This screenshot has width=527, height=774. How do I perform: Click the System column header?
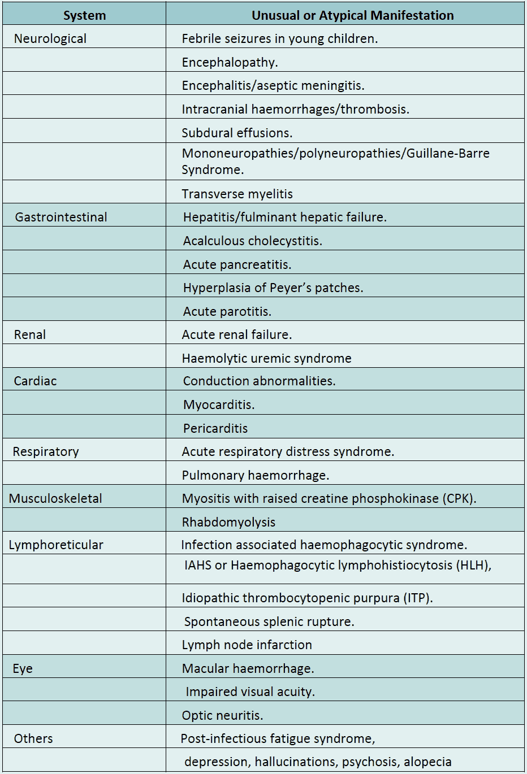[84, 15]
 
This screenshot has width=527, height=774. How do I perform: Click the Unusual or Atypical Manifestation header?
[352, 15]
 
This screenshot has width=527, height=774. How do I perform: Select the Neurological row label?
[50, 39]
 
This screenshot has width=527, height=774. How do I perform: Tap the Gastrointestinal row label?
[61, 218]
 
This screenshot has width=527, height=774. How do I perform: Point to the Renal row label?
[30, 335]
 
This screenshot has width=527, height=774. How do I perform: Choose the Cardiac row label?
[35, 381]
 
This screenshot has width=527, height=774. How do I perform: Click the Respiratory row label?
[46, 452]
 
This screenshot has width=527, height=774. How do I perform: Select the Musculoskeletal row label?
[55, 499]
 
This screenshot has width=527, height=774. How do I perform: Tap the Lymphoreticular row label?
[56, 545]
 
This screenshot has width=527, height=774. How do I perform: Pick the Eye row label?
[23, 669]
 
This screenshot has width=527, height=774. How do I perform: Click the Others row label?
[33, 739]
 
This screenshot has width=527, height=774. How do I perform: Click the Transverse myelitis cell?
[237, 194]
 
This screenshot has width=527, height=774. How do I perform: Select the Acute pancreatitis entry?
[237, 265]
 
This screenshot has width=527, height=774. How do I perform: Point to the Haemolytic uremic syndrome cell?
[266, 359]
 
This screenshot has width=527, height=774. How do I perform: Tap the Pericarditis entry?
[215, 429]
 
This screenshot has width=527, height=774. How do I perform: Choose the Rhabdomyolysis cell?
[228, 523]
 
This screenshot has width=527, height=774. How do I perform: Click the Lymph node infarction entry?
[247, 645]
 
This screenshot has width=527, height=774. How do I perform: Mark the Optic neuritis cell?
[222, 716]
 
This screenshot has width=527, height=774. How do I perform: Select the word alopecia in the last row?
[427, 762]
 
